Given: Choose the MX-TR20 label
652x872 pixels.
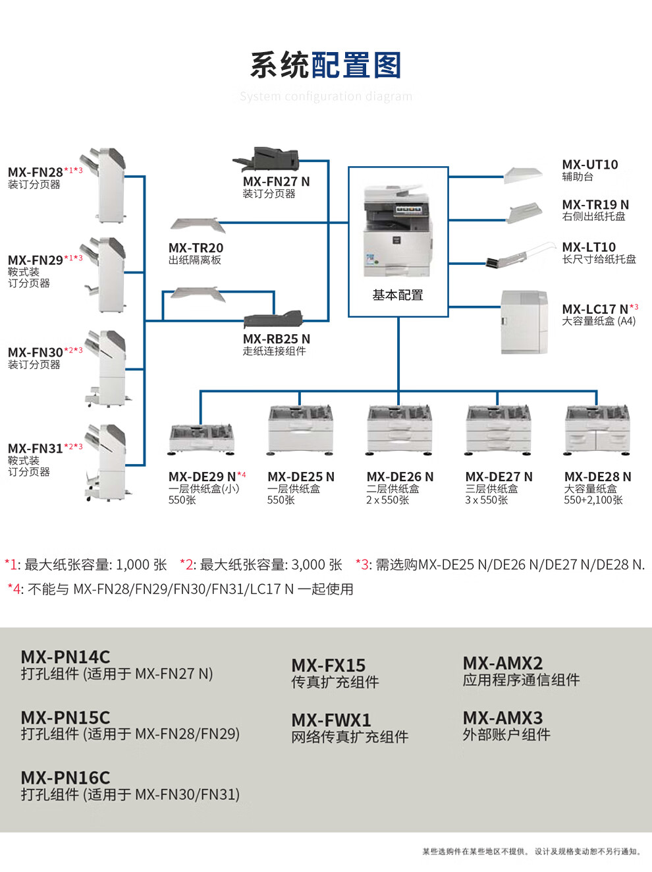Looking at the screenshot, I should tap(196, 248).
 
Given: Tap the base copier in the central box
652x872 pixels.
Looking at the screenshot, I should tap(397, 231).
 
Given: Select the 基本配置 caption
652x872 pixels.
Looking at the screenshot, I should tap(398, 295).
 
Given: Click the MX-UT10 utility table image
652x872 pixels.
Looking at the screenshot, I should tap(524, 174).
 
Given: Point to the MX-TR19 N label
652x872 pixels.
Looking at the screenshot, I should tap(595, 205).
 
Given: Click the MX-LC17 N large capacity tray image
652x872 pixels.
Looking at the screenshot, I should tap(524, 322).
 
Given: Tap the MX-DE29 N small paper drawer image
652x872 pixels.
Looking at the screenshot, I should tap(202, 438).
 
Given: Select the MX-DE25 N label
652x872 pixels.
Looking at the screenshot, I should tap(301, 477).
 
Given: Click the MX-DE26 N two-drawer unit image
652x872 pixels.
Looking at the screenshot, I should tap(400, 430).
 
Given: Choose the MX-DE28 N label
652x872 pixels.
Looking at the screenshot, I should tap(597, 477).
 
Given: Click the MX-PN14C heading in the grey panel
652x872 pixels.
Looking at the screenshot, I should tap(65, 657).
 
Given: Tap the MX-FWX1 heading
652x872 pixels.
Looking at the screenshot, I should tap(331, 720).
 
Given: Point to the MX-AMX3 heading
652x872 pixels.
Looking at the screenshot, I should tap(503, 718).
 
